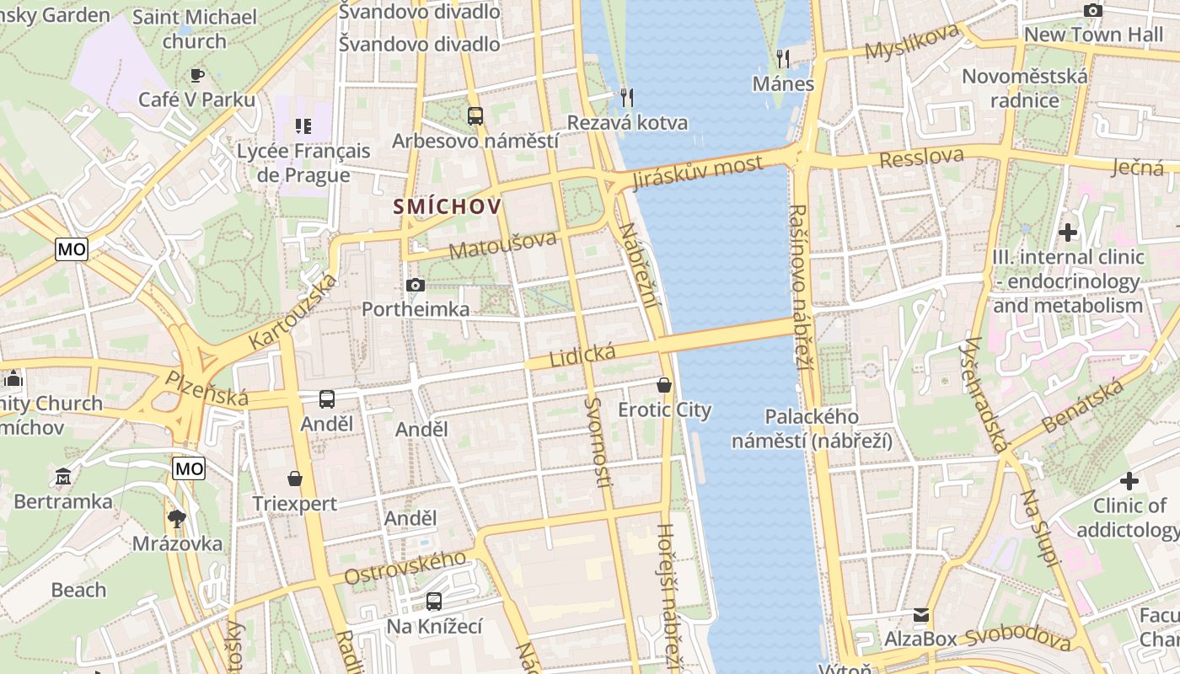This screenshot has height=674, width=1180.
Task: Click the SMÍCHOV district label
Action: [x=447, y=206]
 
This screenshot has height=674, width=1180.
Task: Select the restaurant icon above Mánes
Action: [x=783, y=58]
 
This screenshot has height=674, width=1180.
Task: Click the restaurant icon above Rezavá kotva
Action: [x=626, y=97]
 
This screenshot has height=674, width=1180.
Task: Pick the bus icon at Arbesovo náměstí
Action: [x=475, y=116]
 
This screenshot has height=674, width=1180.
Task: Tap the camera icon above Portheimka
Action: [x=415, y=285]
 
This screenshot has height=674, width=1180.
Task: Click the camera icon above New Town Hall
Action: [x=1093, y=10]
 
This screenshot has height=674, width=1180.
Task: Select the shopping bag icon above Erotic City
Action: [x=664, y=385]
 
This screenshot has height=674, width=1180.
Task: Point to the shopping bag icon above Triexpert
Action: [x=295, y=479]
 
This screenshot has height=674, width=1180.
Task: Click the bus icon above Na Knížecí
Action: [x=433, y=602]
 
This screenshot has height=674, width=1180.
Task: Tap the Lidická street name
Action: [x=582, y=355]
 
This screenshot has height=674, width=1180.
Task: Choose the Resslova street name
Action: [x=920, y=158]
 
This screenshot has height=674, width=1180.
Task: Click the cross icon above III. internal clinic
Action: [x=1068, y=232]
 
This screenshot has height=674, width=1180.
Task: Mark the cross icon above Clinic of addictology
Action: [x=1129, y=481]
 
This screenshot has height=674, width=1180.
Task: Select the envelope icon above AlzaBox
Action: [x=920, y=615]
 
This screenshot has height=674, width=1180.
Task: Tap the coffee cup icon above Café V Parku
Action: [x=197, y=75]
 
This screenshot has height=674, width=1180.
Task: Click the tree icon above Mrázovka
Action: [x=177, y=518]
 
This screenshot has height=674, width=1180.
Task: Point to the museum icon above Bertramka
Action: [x=63, y=477]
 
